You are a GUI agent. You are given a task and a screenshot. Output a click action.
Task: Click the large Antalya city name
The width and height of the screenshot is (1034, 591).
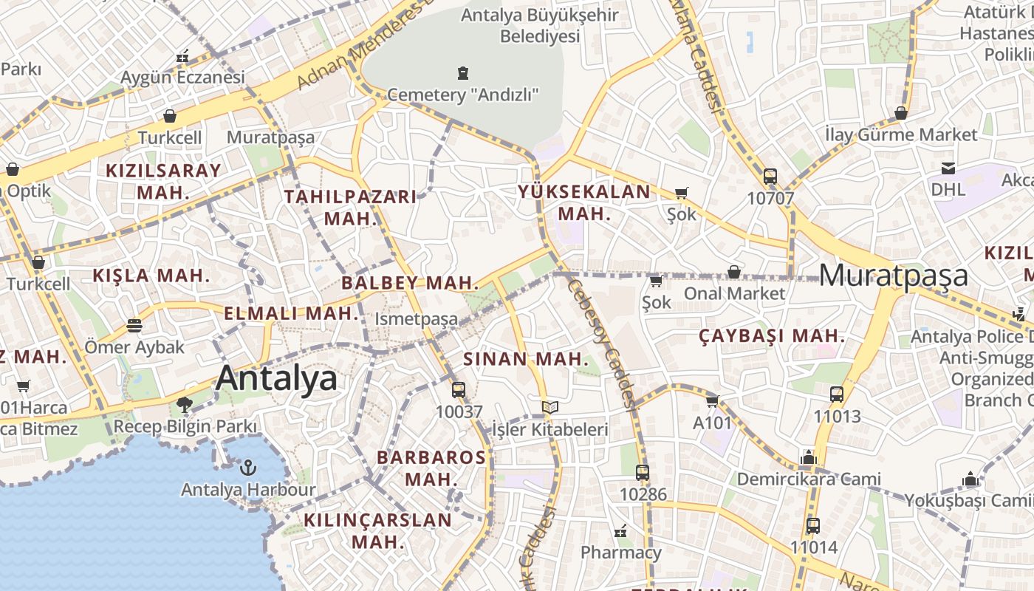(276, 378)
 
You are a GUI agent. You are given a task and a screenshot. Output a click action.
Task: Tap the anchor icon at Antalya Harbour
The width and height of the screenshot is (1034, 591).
(248, 468)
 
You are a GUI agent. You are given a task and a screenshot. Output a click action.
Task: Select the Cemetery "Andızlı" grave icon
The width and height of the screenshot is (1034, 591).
(463, 72)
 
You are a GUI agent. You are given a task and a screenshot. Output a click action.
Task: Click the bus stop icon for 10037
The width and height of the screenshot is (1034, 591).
(459, 390)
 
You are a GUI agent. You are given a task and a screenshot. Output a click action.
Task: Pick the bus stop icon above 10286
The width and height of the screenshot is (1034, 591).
(643, 473)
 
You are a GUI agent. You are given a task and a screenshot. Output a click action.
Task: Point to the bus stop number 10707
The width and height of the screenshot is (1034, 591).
(770, 198)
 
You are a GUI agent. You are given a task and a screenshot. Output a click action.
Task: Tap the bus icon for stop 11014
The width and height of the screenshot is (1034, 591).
(813, 526)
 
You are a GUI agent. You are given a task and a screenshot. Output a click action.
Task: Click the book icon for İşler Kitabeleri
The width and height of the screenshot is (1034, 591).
(549, 407)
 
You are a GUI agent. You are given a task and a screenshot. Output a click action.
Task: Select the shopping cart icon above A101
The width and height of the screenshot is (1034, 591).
(712, 401)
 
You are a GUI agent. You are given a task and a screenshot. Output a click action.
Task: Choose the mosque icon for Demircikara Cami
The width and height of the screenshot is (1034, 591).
(808, 458)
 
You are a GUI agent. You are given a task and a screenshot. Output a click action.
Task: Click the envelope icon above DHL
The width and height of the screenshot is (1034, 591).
(948, 168)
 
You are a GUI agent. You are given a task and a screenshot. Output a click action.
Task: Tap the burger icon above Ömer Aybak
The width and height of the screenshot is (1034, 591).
(134, 325)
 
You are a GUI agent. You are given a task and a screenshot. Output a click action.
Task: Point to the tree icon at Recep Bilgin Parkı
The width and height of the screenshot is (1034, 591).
(184, 405)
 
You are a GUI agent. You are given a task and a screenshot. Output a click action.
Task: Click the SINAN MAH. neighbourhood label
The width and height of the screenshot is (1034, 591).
(526, 360)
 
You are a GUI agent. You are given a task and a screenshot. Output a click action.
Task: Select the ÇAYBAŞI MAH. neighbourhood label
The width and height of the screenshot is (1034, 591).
(772, 336)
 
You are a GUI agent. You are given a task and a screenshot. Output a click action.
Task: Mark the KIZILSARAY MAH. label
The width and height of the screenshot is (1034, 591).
(162, 181)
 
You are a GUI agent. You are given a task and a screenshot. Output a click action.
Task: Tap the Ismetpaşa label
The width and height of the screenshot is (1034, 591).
(417, 319)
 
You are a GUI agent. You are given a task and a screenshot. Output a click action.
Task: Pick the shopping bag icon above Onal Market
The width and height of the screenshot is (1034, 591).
(733, 272)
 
